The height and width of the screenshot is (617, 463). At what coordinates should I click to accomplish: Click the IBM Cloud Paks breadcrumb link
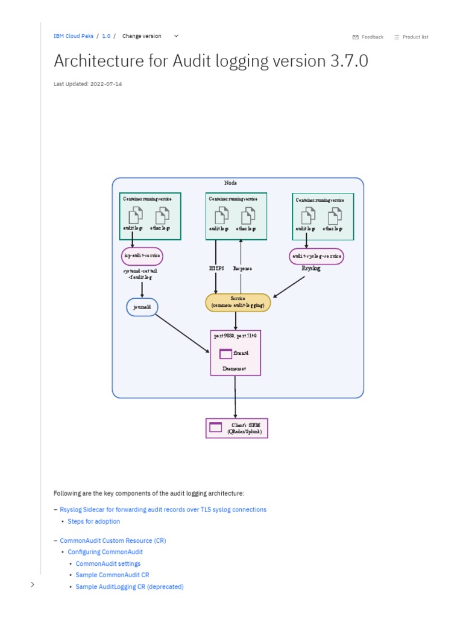click(73, 36)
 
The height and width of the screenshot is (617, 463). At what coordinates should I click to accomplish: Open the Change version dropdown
click(150, 36)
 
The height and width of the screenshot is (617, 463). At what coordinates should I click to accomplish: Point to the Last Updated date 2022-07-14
click(106, 84)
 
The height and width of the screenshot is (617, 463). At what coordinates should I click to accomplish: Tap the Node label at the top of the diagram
click(230, 183)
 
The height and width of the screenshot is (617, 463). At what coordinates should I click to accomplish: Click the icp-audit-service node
click(142, 256)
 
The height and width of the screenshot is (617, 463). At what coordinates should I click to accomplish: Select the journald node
click(142, 307)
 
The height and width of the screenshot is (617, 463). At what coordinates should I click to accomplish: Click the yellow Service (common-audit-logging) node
click(238, 302)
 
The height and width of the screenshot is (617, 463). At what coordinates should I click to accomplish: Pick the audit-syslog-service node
click(317, 256)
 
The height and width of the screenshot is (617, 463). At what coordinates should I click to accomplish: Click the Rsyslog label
click(311, 269)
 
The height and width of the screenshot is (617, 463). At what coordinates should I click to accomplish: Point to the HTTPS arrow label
click(216, 269)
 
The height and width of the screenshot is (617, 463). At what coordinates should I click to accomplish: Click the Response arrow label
click(242, 269)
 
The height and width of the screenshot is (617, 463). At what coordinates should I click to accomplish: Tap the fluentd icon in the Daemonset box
click(225, 354)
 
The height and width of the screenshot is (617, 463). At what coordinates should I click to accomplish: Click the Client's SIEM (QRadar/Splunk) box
click(236, 428)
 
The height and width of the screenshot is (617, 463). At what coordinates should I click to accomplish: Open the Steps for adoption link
click(93, 521)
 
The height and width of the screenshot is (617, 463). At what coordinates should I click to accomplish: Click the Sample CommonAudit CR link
click(112, 575)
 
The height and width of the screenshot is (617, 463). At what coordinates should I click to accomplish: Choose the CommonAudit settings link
click(108, 563)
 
